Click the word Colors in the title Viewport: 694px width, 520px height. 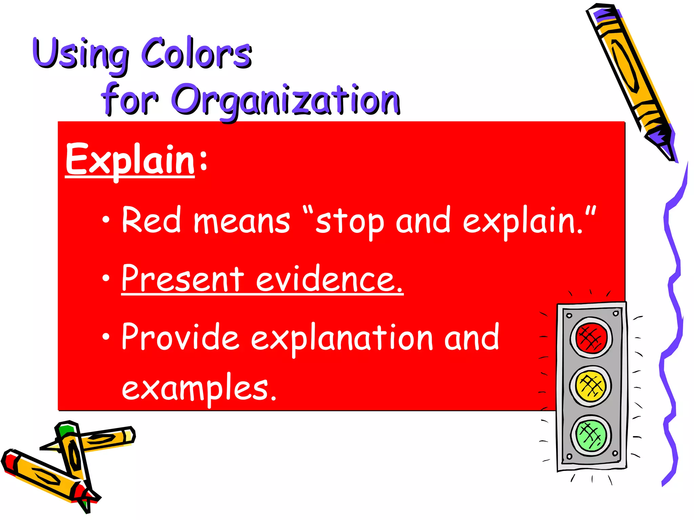tap(197, 53)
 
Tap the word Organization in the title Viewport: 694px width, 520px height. tap(286, 100)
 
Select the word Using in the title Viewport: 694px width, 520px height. tap(81, 54)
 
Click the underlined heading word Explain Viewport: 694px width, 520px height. tap(130, 160)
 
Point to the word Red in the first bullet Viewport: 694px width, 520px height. tap(151, 220)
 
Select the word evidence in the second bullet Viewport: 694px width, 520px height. tap(329, 279)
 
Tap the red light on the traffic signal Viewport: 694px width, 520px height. tap(591, 337)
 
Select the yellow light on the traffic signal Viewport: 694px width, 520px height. tap(591, 386)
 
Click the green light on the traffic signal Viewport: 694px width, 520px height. tap(591, 435)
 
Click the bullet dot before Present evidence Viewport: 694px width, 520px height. tap(106, 278)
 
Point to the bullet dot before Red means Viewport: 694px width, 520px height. tap(106, 220)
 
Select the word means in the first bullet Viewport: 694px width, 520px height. tap(242, 222)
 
